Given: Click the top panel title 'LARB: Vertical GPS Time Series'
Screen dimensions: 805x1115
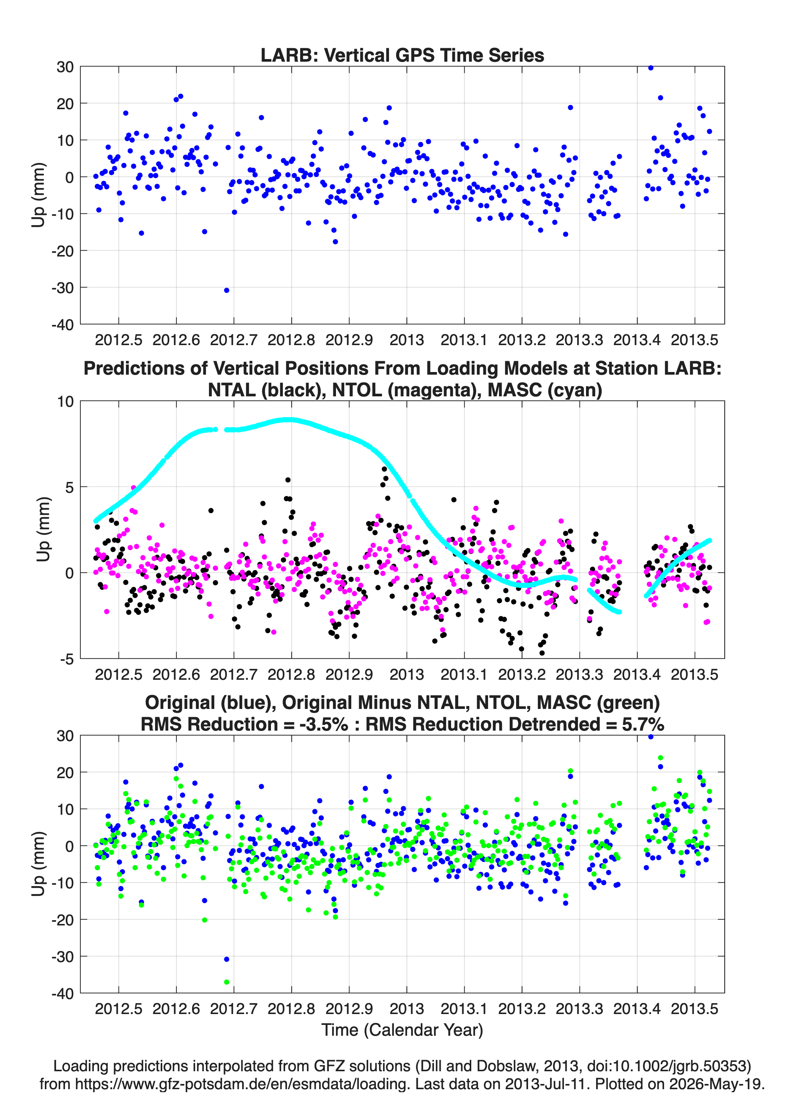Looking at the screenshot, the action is click(x=402, y=55).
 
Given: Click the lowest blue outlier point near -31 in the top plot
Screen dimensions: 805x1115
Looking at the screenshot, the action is click(x=226, y=291).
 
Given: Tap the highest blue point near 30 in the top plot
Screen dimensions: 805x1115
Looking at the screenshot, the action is click(x=651, y=68).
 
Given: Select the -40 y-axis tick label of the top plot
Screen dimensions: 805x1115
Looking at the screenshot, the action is click(x=62, y=325).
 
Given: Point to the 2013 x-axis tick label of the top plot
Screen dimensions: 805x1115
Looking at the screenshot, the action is click(x=407, y=340).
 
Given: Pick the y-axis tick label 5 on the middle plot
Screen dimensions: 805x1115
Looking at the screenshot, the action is click(x=69, y=487).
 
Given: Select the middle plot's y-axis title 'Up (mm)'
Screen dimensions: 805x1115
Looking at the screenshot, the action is click(x=43, y=529).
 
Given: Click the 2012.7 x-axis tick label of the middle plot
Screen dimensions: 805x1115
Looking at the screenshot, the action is click(x=234, y=675).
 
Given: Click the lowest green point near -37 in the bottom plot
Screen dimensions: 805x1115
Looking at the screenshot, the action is click(x=226, y=982).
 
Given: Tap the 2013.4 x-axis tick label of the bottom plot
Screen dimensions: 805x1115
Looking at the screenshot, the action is click(x=637, y=1009).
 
